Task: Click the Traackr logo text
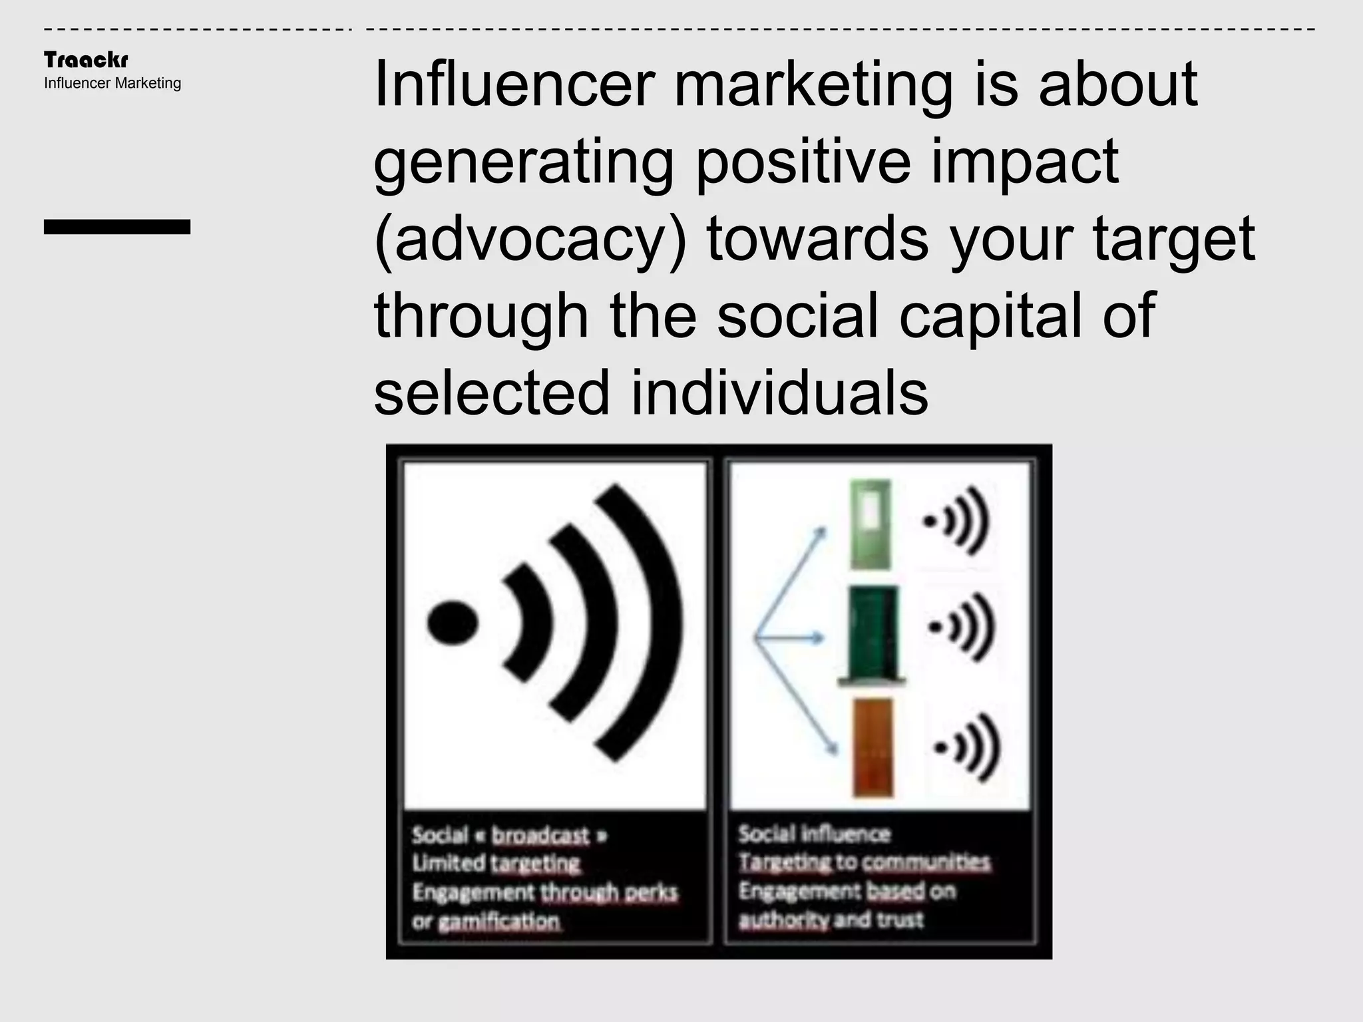(x=86, y=60)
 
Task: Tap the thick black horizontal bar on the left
(x=117, y=227)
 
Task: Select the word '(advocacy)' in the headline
(x=530, y=240)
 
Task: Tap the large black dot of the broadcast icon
(x=453, y=623)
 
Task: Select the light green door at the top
(x=870, y=524)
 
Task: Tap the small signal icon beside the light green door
(x=956, y=521)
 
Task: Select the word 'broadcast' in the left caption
(x=540, y=836)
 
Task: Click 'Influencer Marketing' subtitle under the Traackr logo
(x=112, y=83)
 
